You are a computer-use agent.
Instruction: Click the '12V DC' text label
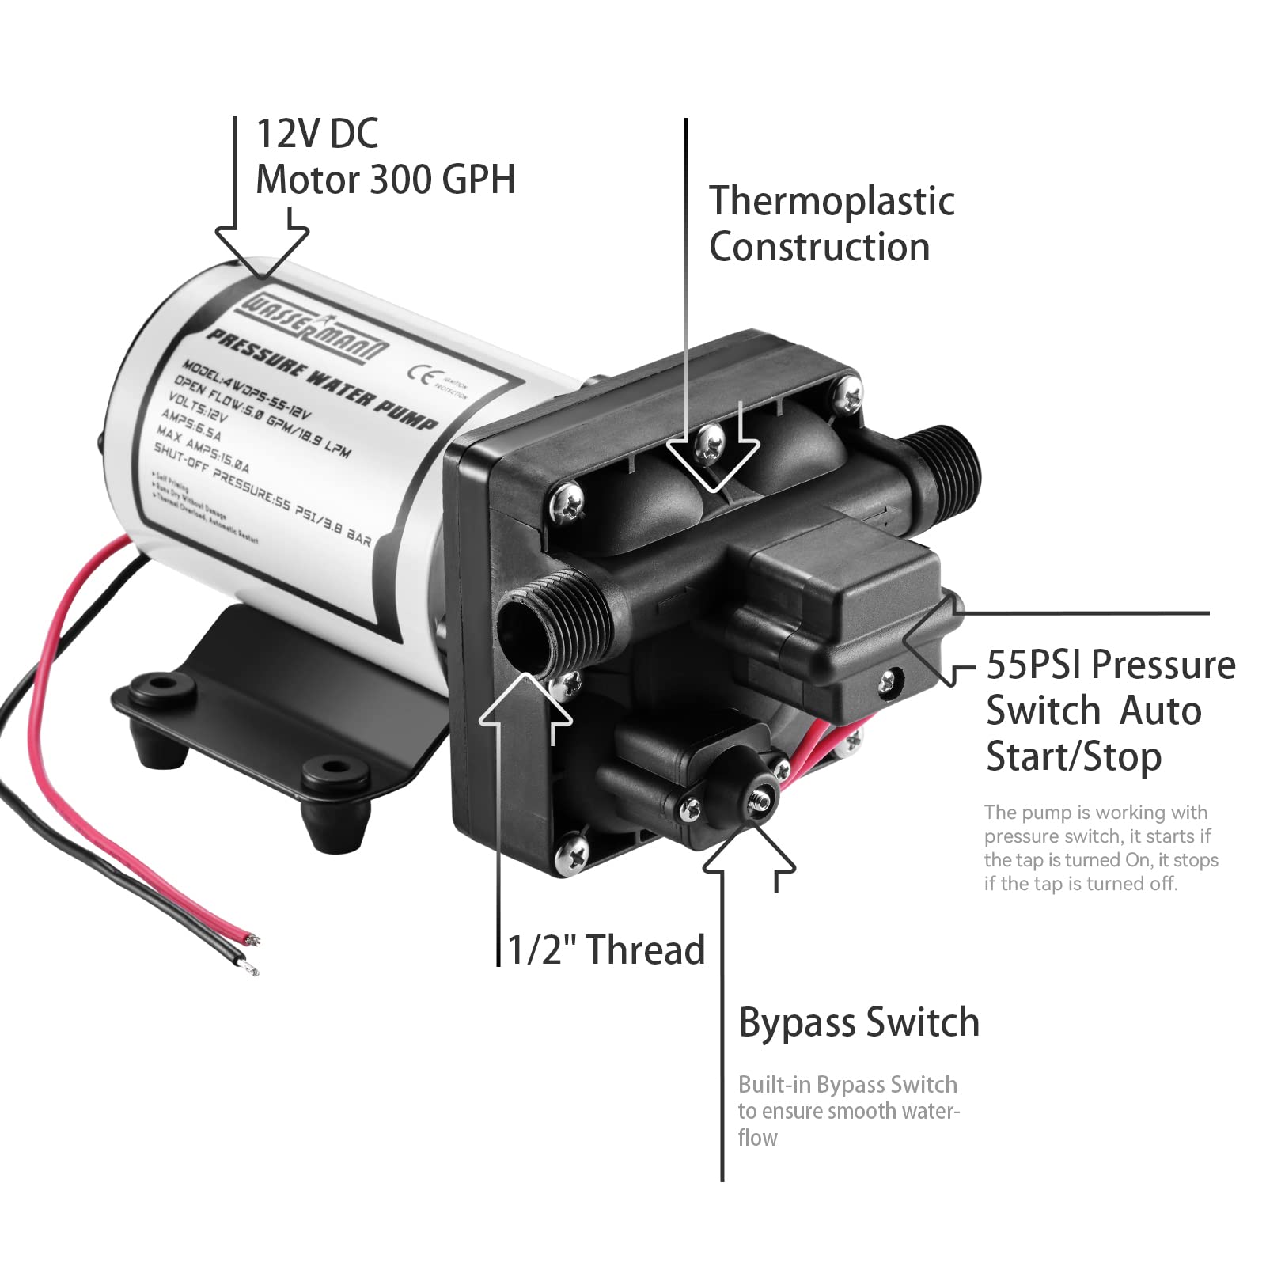tap(317, 133)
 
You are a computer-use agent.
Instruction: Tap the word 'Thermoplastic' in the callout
tap(831, 201)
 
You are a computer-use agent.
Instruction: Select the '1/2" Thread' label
tap(605, 949)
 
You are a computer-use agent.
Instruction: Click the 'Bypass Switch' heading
tap(859, 1022)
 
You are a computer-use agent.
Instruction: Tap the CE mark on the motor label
tap(420, 374)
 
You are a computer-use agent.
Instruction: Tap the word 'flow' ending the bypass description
tap(757, 1138)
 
